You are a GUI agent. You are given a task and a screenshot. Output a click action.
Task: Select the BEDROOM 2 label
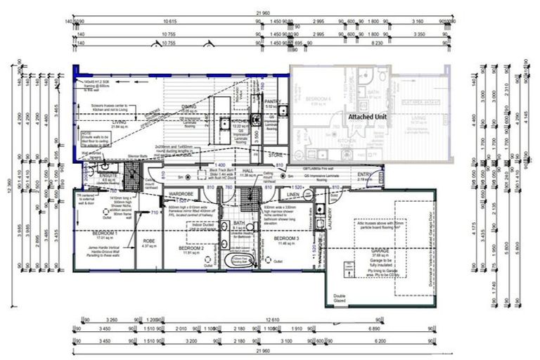191,248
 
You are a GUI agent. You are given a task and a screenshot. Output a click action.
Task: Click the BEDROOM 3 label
287,238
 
